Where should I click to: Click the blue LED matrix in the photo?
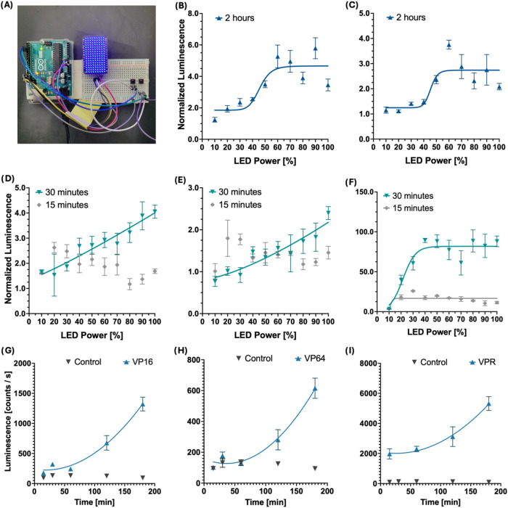click(94, 54)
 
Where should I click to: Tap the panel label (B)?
click(180, 6)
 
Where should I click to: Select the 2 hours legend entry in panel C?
click(406, 17)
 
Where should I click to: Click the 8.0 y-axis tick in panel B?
click(193, 13)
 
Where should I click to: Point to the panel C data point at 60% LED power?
click(448, 45)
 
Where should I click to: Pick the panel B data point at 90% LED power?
click(315, 49)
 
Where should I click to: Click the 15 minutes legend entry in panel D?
click(62, 205)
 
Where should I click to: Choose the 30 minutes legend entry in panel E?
click(236, 192)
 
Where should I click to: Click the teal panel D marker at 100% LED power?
click(155, 212)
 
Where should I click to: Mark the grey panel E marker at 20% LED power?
click(227, 239)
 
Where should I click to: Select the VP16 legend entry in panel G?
click(139, 362)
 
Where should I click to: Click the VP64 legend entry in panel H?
click(310, 359)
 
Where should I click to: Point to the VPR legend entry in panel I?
click(483, 362)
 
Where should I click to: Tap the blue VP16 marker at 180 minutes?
click(142, 404)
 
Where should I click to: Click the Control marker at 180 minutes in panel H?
click(315, 468)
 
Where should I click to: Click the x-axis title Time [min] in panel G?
click(94, 502)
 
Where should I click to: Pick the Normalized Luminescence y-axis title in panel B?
click(181, 75)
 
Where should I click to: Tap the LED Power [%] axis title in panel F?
click(437, 332)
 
